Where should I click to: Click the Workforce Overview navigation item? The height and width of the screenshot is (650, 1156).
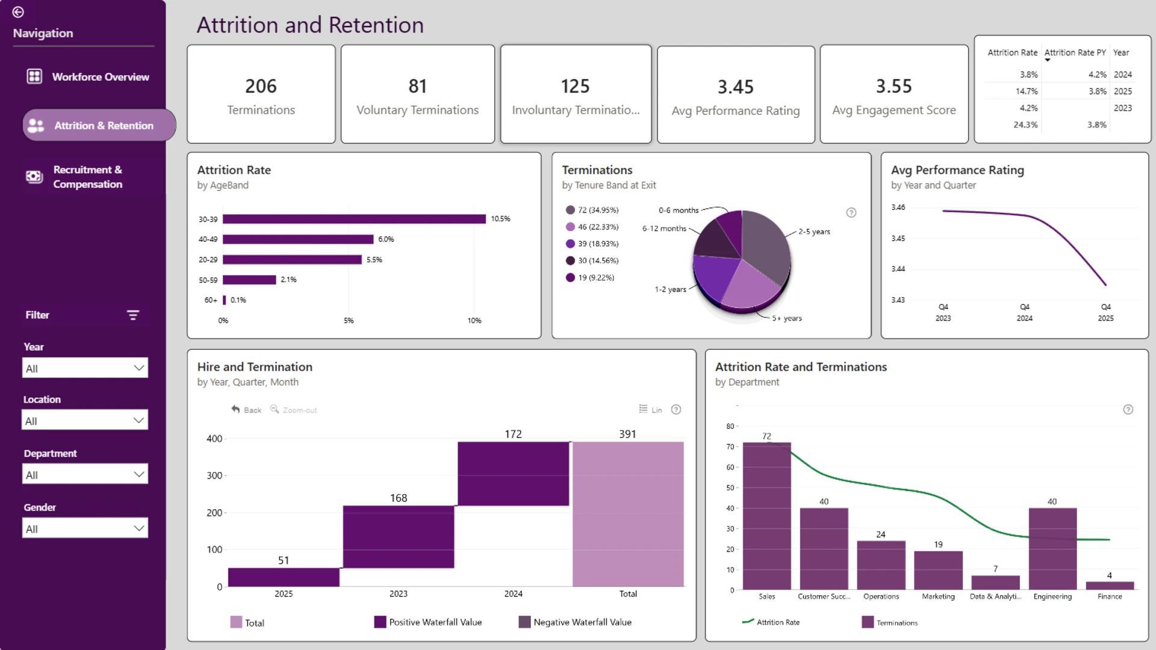pos(88,77)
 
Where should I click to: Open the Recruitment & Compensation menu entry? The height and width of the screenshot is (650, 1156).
pos(88,177)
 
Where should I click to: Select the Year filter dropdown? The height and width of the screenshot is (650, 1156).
pos(85,368)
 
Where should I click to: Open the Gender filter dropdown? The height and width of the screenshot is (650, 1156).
pos(85,528)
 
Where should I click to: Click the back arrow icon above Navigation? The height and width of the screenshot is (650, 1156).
pos(18,12)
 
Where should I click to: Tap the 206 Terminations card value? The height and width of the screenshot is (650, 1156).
pos(261,86)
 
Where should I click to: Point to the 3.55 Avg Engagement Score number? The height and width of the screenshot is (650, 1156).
pos(893,86)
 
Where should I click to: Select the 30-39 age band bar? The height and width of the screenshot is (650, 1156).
pos(354,219)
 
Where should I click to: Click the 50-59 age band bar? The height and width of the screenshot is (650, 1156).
pos(249,280)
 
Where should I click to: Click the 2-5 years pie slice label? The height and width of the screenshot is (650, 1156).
pos(814,232)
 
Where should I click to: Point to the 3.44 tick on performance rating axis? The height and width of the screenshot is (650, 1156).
pos(898,269)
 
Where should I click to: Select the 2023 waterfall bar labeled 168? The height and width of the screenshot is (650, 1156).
pos(399,537)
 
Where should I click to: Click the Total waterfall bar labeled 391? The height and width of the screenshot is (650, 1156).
pos(628,514)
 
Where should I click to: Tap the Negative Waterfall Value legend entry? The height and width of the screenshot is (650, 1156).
pos(575,622)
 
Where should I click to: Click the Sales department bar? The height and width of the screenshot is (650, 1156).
pos(766,516)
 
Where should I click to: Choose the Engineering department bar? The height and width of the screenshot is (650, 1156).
pos(1052,549)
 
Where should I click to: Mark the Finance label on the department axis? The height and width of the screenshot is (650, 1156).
pos(1110,596)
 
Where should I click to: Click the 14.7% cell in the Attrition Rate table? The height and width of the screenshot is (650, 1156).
pos(1027,91)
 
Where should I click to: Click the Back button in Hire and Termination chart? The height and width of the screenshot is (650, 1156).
pos(247,410)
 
